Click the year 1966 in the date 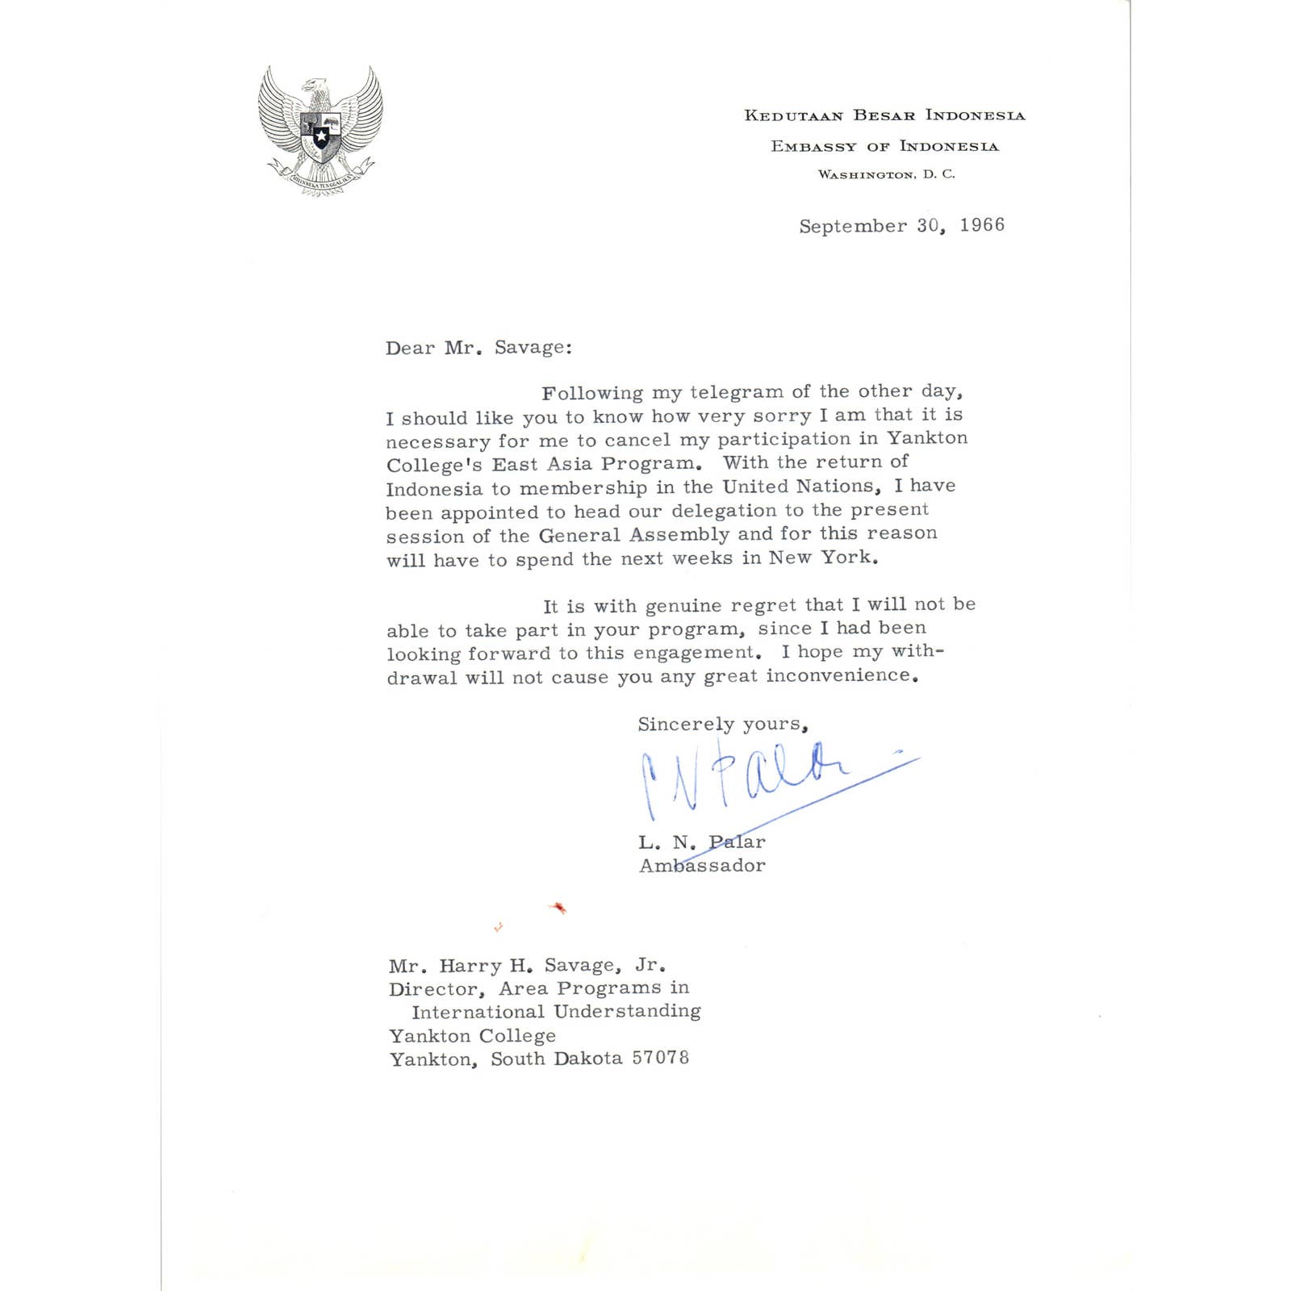[982, 225]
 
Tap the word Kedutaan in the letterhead [793, 115]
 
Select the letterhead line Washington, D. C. [886, 174]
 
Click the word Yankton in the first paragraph [927, 438]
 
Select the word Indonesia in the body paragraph [433, 490]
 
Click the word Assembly [679, 535]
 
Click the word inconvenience [838, 675]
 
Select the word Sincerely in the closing [686, 724]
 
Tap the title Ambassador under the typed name [702, 866]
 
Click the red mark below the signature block [558, 908]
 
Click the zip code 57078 [660, 1058]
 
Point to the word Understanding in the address [627, 1011]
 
